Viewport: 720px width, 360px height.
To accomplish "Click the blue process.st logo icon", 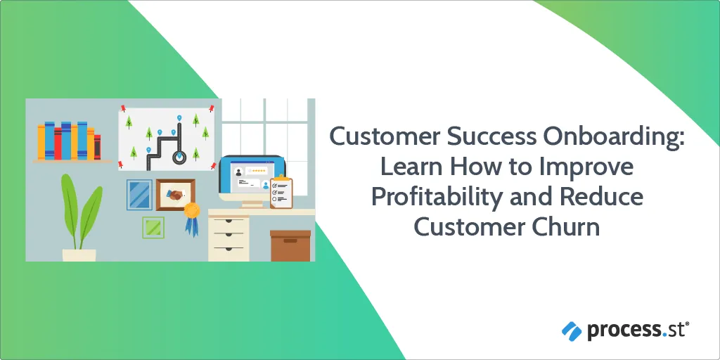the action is click(x=572, y=330).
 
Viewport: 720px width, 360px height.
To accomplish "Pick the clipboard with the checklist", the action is click(x=281, y=192).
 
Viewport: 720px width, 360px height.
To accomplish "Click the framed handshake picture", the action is click(x=175, y=195).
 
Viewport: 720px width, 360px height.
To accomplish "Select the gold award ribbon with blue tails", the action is click(x=192, y=219).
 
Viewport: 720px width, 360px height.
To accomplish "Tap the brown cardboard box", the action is click(x=290, y=245).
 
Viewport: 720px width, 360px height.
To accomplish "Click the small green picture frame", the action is click(x=153, y=227).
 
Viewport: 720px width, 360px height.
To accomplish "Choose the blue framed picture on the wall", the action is click(x=139, y=195).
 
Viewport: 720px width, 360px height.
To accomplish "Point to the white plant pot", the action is click(x=79, y=255).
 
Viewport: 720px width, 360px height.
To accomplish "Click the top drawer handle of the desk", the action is click(x=229, y=221).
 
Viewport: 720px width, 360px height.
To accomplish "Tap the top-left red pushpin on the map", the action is click(x=123, y=108).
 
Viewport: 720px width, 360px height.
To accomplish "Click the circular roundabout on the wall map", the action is click(x=178, y=157).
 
